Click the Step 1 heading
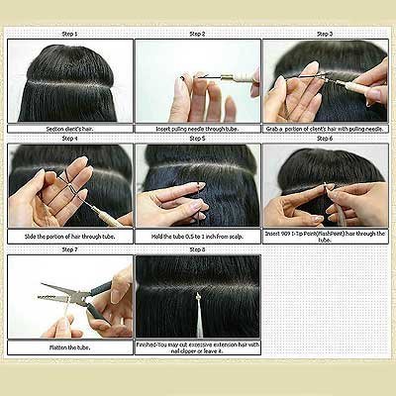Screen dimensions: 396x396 [x=69, y=34]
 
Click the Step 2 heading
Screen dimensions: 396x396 [x=197, y=34]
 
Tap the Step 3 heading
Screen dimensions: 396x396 [x=325, y=34]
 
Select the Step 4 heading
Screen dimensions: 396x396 [x=69, y=140]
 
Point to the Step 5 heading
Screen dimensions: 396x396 [x=197, y=140]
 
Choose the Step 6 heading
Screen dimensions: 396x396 [x=325, y=140]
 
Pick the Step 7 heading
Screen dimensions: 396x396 [x=69, y=249]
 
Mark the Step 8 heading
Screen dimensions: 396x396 [x=197, y=249]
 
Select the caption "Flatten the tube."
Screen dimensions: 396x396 [x=69, y=347]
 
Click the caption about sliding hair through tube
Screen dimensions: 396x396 [x=69, y=237]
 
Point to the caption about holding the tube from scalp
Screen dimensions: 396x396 [x=197, y=237]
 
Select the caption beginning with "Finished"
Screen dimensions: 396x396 [x=197, y=347]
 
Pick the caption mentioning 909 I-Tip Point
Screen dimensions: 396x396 [x=325, y=237]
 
